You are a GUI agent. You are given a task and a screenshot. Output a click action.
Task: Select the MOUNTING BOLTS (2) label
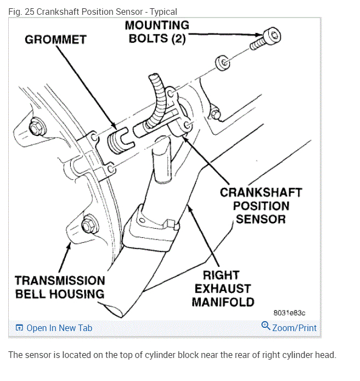pyautogui.click(x=157, y=32)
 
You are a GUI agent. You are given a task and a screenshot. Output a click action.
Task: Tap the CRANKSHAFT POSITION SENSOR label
pyautogui.click(x=261, y=206)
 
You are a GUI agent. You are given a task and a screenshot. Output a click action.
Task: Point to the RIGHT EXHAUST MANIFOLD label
pyautogui.click(x=223, y=288)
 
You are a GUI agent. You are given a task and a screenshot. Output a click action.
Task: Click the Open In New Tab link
pyautogui.click(x=59, y=328)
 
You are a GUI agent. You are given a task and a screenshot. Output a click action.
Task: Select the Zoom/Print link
pyautogui.click(x=294, y=328)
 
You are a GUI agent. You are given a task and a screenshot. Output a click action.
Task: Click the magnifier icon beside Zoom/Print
pyautogui.click(x=266, y=326)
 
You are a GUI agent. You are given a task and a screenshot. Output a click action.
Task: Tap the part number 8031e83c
pyautogui.click(x=289, y=312)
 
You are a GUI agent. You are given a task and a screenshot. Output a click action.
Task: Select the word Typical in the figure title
pyautogui.click(x=161, y=12)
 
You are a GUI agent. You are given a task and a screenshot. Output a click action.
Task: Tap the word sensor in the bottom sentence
pyautogui.click(x=36, y=355)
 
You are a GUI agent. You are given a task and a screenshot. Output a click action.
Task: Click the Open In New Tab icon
pyautogui.click(x=20, y=328)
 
